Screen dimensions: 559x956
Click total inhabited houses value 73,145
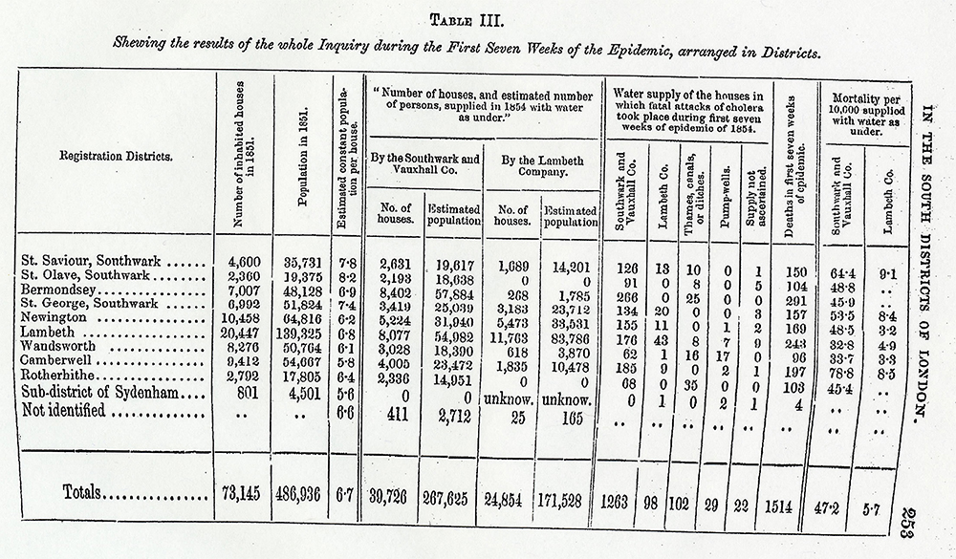[x=242, y=495]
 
